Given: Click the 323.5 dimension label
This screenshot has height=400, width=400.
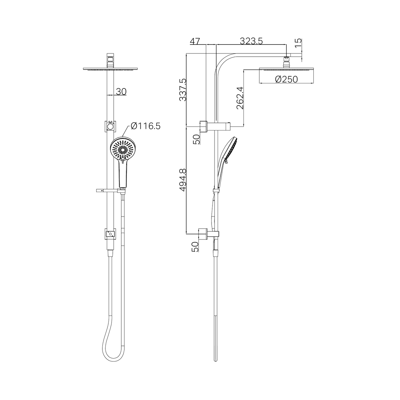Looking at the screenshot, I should tap(251, 41).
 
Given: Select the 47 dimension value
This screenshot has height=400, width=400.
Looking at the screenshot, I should tap(195, 41).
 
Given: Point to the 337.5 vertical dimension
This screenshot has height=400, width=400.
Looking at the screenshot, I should tap(182, 89).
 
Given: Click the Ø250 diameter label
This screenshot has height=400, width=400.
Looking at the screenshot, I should tap(286, 79).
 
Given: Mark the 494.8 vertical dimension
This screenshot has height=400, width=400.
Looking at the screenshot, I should tap(182, 180).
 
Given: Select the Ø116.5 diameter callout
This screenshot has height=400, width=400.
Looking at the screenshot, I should tap(145, 126).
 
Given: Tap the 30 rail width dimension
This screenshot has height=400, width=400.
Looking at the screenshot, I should tap(121, 91).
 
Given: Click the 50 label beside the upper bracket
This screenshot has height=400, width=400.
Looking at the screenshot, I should tap(196, 139).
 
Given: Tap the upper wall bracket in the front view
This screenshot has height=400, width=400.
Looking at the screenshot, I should tap(110, 126).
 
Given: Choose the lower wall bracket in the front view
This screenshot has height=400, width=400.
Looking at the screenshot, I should tap(110, 234).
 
